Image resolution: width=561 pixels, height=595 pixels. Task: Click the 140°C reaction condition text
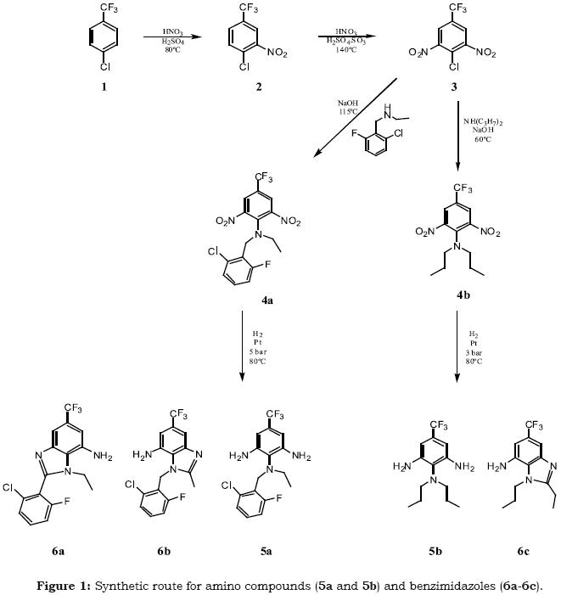point(345,50)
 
